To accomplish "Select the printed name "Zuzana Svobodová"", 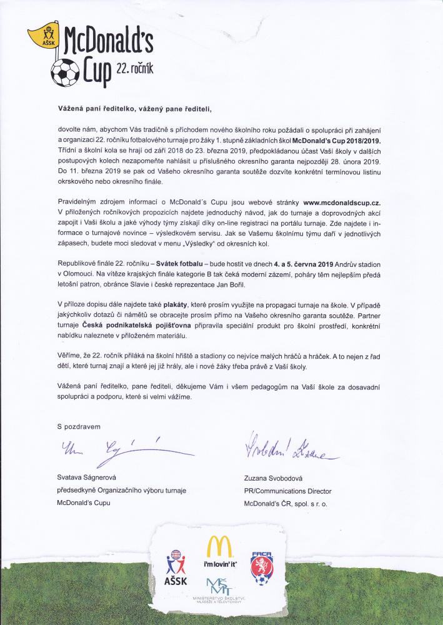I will pos(278,479).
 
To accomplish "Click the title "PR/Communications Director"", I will pos(288,491).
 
